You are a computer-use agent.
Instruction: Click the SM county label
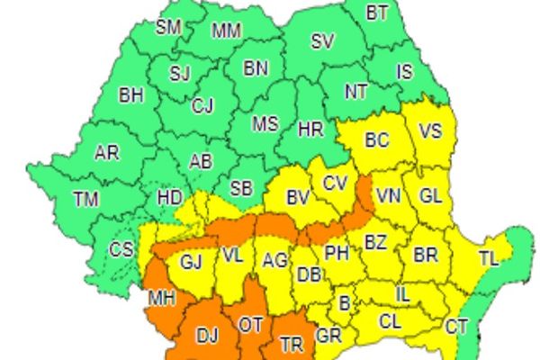(168, 26)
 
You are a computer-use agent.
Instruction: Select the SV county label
(322, 41)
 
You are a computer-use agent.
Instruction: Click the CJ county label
(202, 105)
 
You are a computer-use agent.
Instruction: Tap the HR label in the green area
(312, 129)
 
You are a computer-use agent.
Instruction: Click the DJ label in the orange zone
(208, 336)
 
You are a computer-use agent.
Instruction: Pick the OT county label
(249, 323)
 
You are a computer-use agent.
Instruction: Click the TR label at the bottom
(292, 343)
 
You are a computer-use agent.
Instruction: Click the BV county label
(298, 196)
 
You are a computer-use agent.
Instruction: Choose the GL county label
(431, 195)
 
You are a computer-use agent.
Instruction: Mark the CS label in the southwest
(121, 249)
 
